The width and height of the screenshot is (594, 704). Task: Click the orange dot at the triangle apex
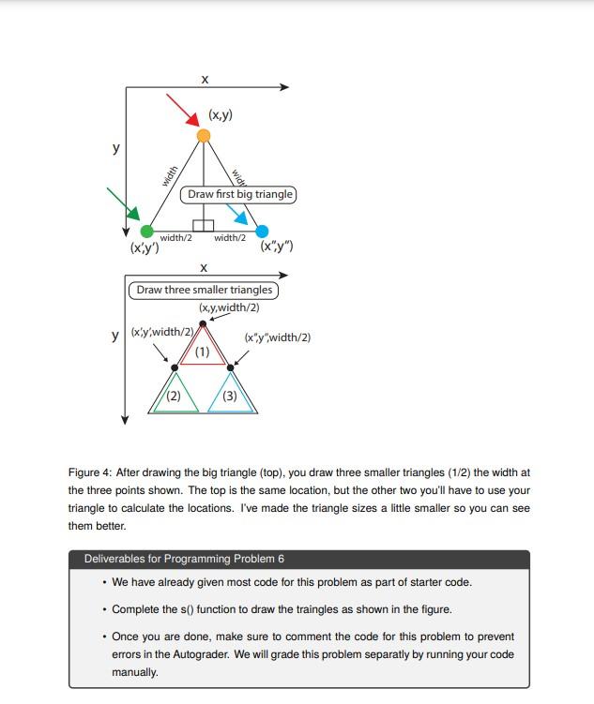coord(204,137)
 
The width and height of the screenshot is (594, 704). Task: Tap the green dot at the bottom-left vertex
coord(146,231)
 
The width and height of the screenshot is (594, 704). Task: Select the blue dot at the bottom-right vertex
coord(262,231)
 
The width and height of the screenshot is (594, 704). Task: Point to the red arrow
coord(183,108)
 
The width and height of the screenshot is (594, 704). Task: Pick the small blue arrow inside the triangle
coord(240,216)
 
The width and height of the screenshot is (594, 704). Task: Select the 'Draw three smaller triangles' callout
coord(204,290)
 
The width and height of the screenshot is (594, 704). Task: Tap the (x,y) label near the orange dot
coord(221,115)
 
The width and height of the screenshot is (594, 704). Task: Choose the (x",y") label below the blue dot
coord(276,247)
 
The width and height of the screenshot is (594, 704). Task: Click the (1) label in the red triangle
coord(203,352)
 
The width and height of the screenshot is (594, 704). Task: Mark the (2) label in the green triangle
coord(173,397)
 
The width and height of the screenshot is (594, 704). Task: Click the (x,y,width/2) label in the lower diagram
coord(229,307)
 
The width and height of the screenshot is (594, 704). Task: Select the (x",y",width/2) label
coord(277,337)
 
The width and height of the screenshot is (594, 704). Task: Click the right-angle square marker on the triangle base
coord(204,225)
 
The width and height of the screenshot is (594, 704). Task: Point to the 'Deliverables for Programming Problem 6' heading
coord(184,559)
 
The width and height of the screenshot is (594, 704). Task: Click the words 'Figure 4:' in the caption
coord(91,473)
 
